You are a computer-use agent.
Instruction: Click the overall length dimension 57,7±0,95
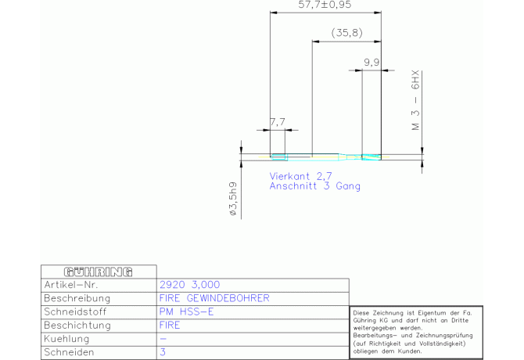(325, 5)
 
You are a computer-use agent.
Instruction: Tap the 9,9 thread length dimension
(371, 62)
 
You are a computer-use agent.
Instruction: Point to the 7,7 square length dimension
(278, 122)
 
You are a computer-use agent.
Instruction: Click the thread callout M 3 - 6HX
(415, 100)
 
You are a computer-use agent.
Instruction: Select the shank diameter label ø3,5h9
(233, 199)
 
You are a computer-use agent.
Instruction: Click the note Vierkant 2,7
(301, 176)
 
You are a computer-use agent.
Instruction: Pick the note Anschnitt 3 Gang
(315, 185)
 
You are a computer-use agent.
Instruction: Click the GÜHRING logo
(99, 272)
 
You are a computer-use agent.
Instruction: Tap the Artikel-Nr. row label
(71, 285)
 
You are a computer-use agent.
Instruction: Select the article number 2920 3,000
(189, 285)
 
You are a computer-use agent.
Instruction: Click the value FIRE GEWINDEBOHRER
(214, 298)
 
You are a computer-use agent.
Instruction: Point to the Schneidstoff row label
(75, 311)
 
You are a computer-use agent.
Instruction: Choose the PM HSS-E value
(186, 311)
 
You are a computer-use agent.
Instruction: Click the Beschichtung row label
(77, 326)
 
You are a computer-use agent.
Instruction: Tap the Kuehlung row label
(66, 339)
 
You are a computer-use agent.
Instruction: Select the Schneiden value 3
(163, 352)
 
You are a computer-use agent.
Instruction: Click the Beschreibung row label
(77, 298)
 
